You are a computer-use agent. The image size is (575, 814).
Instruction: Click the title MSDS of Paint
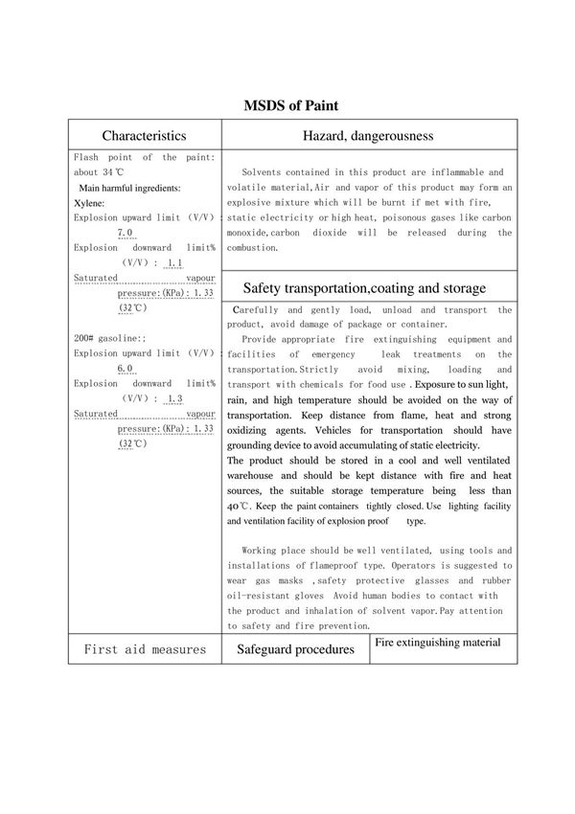pos(287,104)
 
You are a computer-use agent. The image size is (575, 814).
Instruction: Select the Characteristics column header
pos(144,136)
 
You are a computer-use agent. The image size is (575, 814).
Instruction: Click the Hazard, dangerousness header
pos(368,136)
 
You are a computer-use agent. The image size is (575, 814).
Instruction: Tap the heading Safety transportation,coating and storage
pos(364,287)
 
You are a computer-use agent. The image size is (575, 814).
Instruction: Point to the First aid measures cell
pos(144,649)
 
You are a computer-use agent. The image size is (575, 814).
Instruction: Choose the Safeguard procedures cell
pos(294,649)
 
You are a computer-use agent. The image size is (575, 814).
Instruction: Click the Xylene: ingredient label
pos(89,203)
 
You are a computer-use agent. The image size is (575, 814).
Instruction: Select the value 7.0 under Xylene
pos(125,233)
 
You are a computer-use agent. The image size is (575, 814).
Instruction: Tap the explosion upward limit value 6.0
pos(125,369)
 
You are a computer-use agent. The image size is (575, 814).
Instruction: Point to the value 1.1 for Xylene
pos(174,262)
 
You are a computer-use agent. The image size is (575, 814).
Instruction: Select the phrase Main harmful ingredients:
pos(129,188)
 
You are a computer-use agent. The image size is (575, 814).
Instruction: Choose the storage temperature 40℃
pos(239,506)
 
